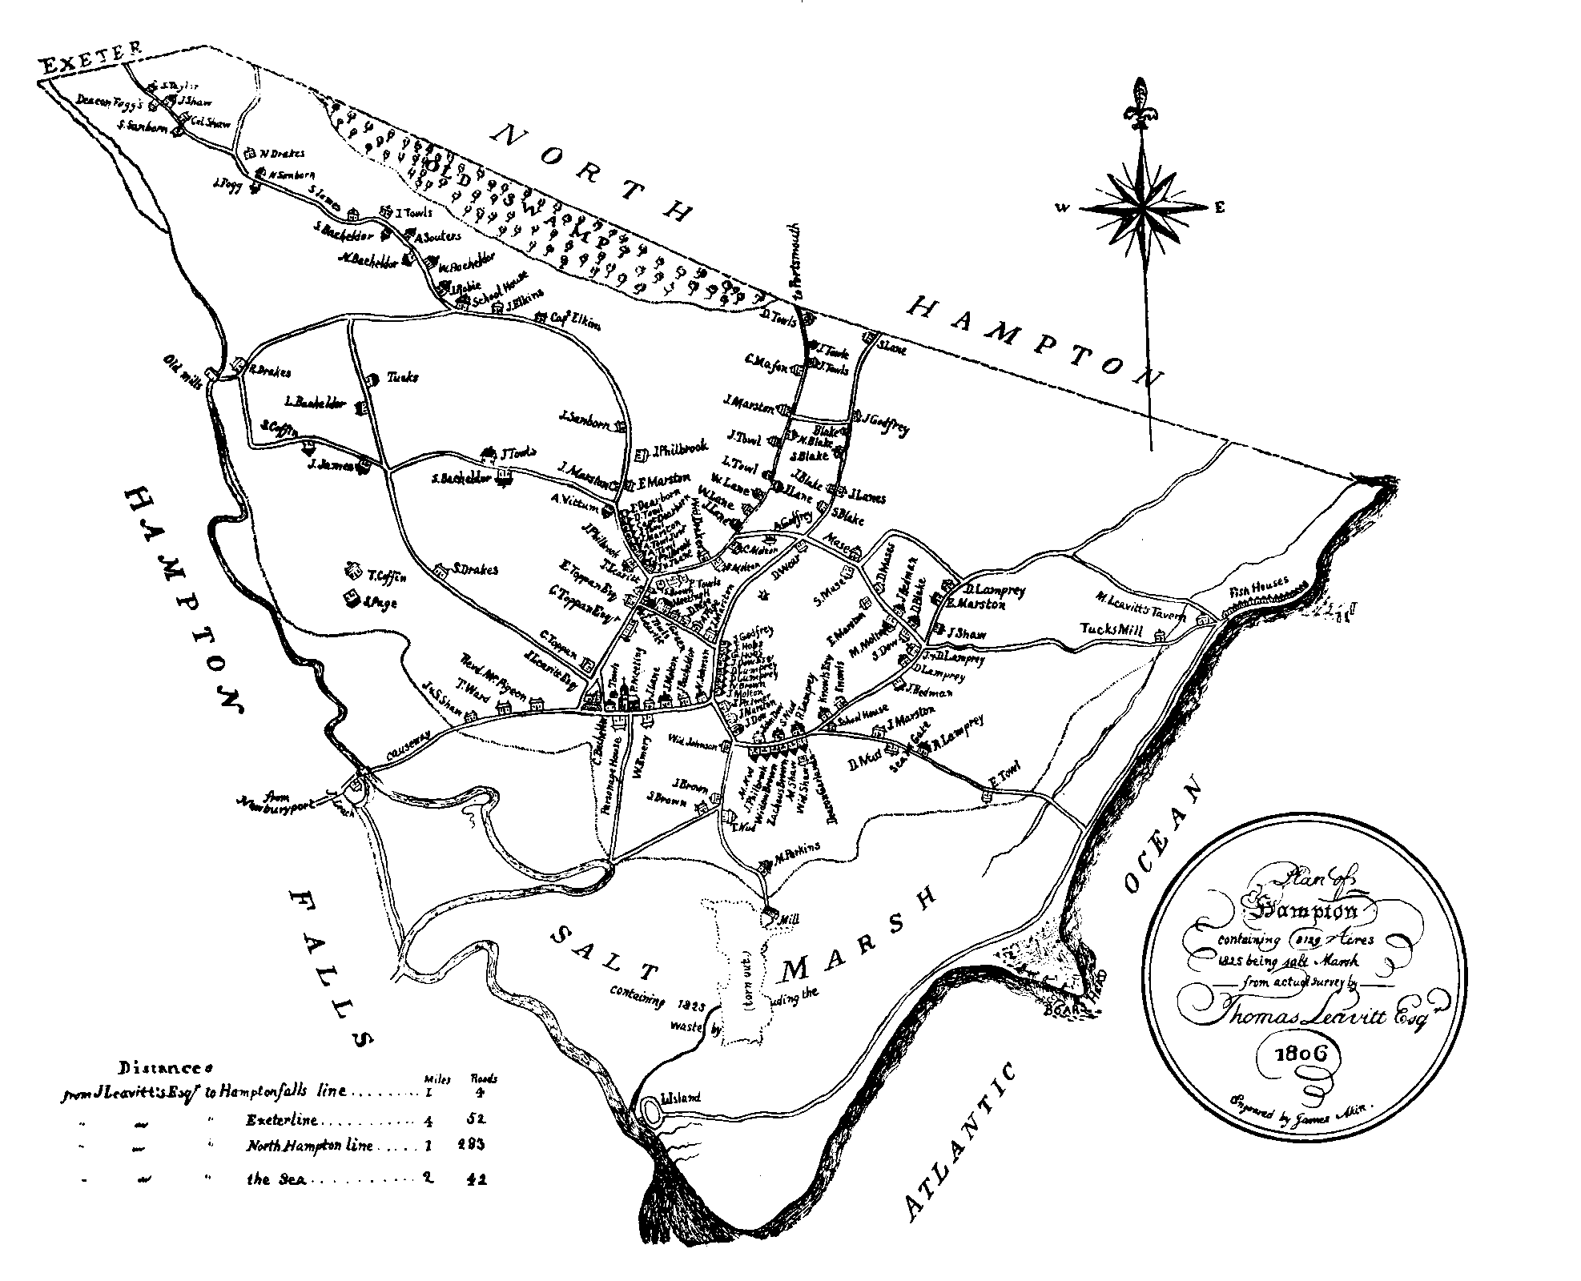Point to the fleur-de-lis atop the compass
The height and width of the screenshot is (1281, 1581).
pos(1140,104)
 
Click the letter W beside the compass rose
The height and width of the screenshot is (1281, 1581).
pos(1062,208)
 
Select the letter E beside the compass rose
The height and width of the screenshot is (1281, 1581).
pos(1220,208)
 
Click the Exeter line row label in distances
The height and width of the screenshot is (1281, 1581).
pos(282,1119)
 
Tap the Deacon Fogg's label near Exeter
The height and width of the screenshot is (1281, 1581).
pos(109,101)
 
